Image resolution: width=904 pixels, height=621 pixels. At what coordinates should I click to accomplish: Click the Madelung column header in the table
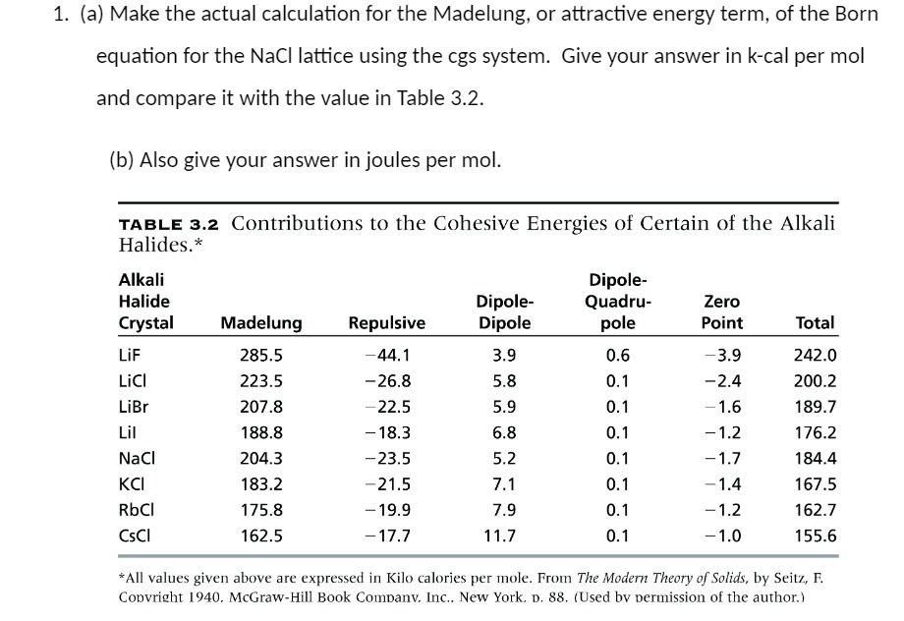pyautogui.click(x=261, y=322)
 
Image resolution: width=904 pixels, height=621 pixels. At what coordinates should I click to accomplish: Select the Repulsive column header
pyautogui.click(x=387, y=322)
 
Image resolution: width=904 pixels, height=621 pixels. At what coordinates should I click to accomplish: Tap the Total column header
pyautogui.click(x=815, y=322)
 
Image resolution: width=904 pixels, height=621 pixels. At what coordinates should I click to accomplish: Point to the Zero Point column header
pyautogui.click(x=722, y=311)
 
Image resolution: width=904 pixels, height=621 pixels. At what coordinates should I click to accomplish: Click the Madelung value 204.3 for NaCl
pyautogui.click(x=261, y=458)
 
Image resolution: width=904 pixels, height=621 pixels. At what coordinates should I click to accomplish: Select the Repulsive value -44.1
pyautogui.click(x=387, y=356)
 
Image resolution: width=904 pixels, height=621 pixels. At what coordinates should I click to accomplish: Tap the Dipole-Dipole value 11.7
pyautogui.click(x=499, y=536)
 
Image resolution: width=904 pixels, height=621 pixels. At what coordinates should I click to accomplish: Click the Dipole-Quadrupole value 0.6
pyautogui.click(x=618, y=356)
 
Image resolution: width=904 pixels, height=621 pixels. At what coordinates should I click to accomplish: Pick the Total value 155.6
pyautogui.click(x=815, y=536)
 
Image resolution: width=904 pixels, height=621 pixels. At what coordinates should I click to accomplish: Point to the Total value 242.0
pyautogui.click(x=815, y=356)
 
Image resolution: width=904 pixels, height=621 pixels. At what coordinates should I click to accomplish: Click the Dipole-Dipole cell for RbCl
pyautogui.click(x=503, y=509)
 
